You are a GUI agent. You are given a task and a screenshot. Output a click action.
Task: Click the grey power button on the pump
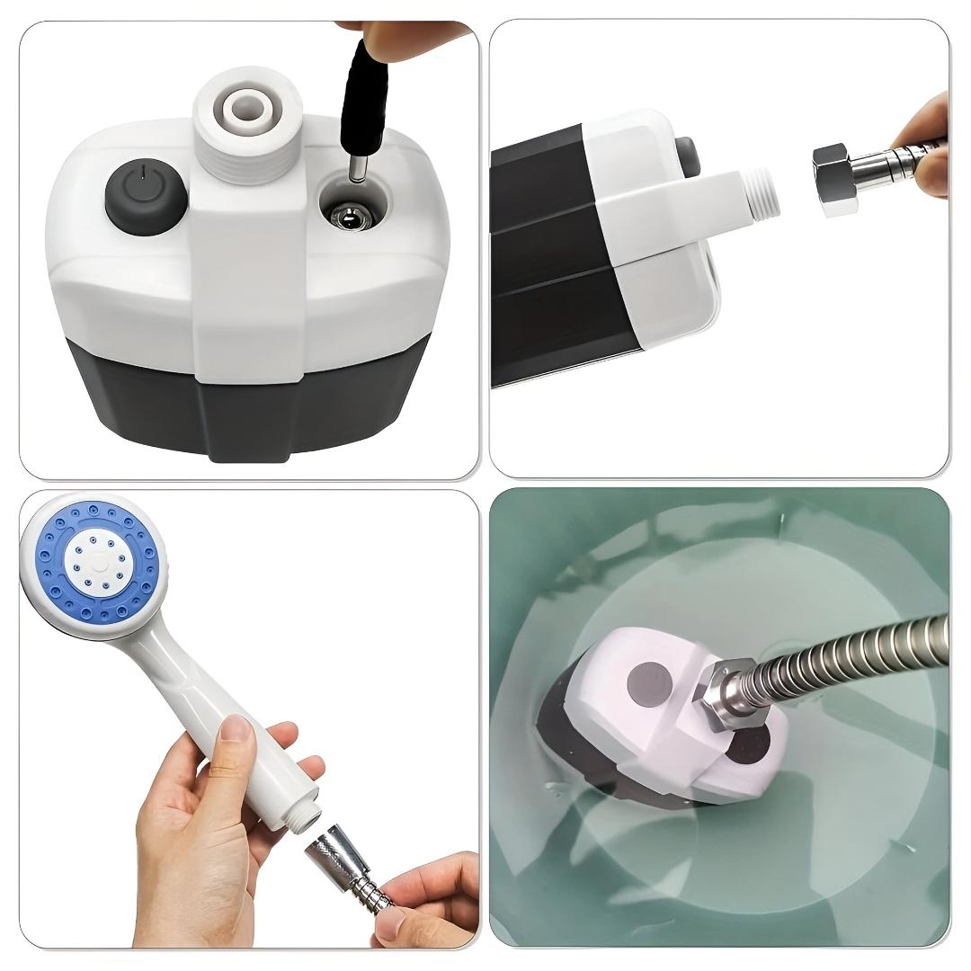(x=145, y=195)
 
